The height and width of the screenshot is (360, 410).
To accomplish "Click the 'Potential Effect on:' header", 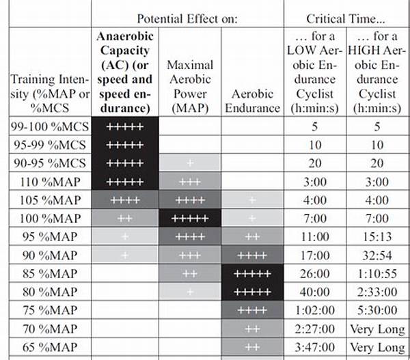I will tap(187, 18).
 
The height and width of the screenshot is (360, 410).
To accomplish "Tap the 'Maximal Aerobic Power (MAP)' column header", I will tap(190, 86).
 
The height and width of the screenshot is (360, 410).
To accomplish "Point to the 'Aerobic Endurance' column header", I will tap(252, 101).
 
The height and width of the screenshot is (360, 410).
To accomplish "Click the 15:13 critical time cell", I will tap(377, 236).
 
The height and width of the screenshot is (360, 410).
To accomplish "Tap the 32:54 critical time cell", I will tap(377, 255).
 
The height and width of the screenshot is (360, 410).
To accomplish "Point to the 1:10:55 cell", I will tap(377, 273).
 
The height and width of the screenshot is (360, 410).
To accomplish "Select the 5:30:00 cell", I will tap(377, 310).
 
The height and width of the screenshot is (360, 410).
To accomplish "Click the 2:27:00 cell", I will tap(315, 329).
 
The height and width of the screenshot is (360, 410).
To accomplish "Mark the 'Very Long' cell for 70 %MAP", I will tap(377, 329).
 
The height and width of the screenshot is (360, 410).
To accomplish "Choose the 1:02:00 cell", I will tap(315, 310).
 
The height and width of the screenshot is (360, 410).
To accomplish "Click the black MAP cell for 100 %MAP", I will tap(190, 218).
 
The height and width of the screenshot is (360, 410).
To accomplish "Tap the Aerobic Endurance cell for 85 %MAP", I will tap(252, 273).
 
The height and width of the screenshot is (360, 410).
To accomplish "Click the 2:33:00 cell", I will tap(377, 292).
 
